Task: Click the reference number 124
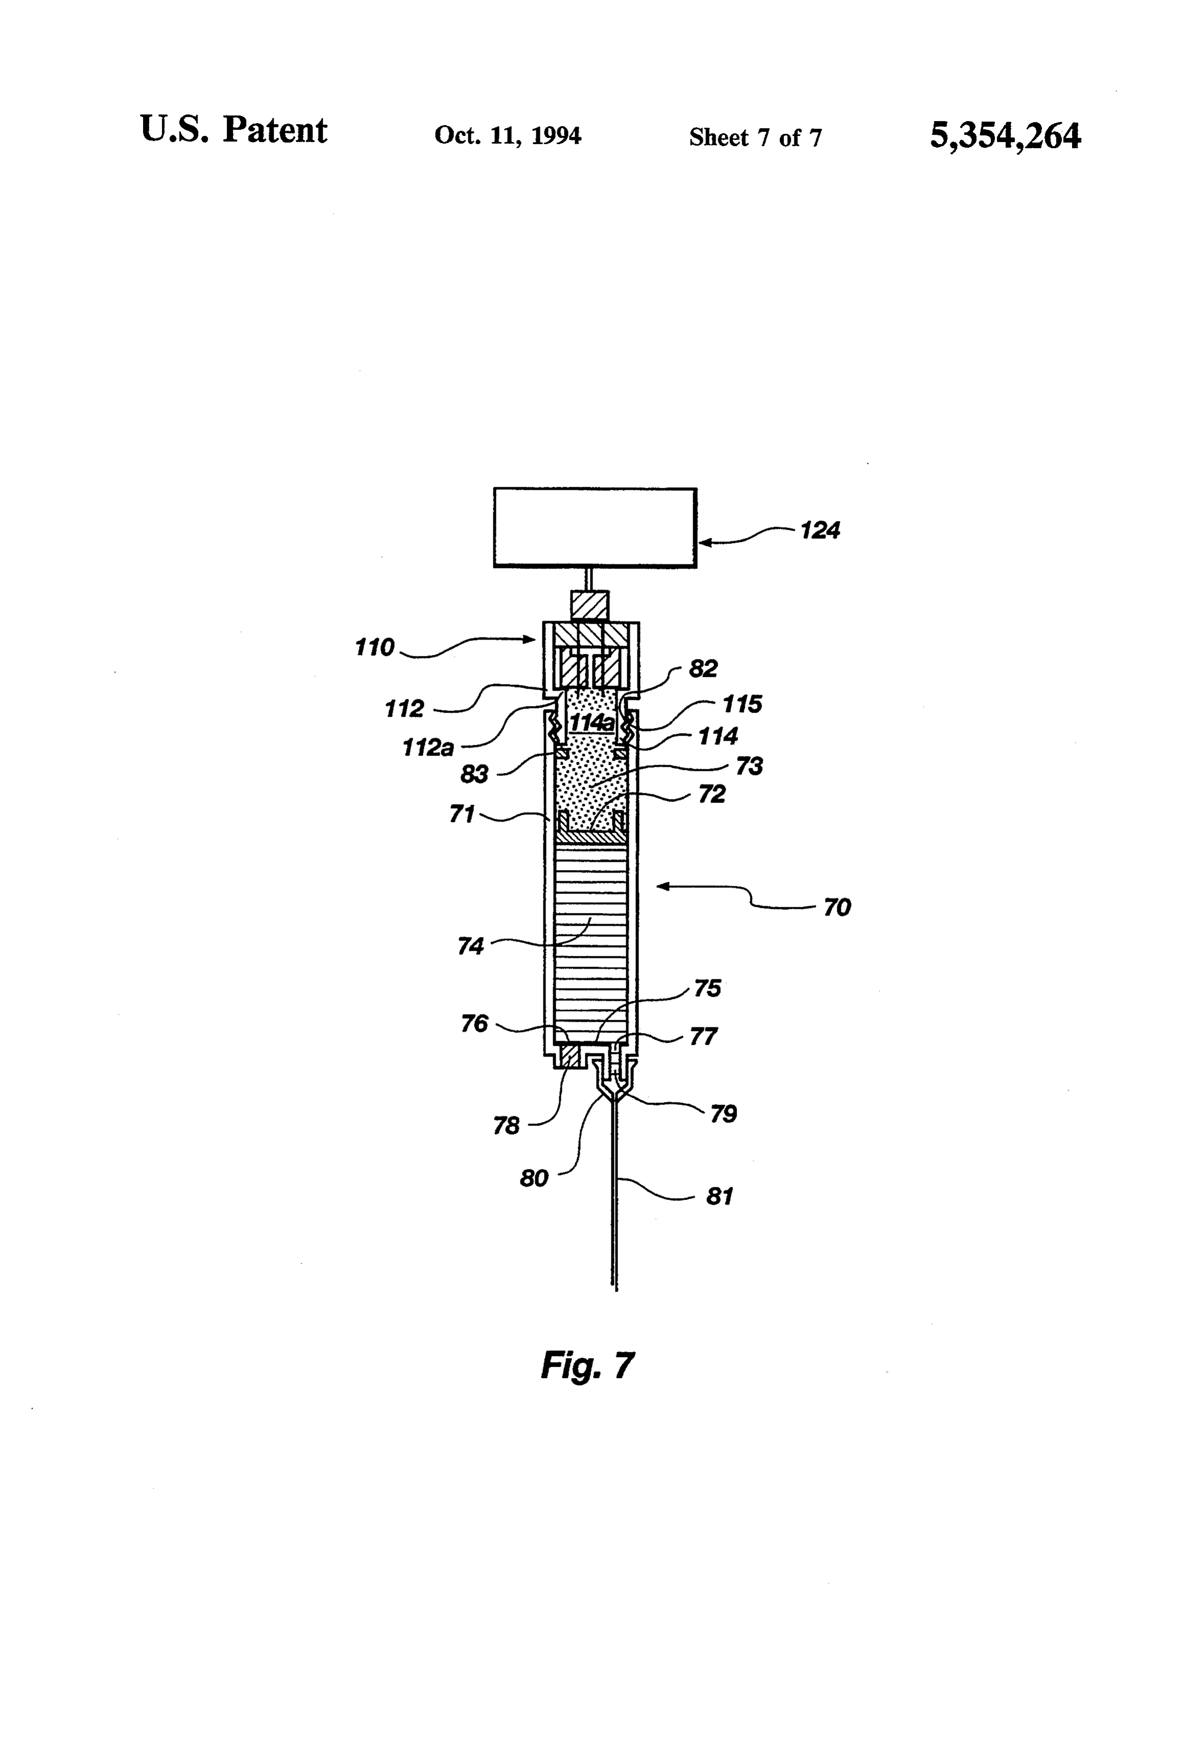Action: click(820, 530)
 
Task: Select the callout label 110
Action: click(374, 647)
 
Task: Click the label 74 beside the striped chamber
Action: click(470, 946)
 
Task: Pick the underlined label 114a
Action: click(592, 723)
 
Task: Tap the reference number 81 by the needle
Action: click(719, 1196)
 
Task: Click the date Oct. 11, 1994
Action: click(508, 135)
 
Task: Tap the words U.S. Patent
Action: click(234, 130)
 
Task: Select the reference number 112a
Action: click(428, 748)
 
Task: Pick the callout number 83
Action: click(474, 774)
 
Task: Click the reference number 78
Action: click(506, 1125)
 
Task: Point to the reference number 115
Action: click(742, 704)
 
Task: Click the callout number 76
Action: click(474, 1023)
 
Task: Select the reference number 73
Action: click(749, 766)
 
